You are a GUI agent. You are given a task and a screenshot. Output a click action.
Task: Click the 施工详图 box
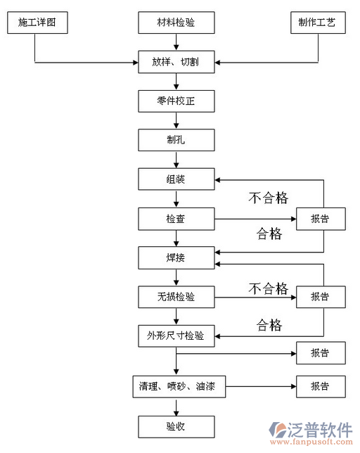(37, 23)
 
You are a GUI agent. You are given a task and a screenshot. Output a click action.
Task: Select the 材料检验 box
(176, 23)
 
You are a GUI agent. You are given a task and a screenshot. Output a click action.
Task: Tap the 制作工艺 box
(317, 23)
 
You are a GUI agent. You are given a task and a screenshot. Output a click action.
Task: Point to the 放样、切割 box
(176, 63)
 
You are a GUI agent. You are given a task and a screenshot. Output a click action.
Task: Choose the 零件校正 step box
(176, 101)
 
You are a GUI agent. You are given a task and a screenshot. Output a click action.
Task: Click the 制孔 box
(176, 140)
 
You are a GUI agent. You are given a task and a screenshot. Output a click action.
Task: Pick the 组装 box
(176, 179)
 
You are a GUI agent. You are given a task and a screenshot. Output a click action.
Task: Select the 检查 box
(176, 219)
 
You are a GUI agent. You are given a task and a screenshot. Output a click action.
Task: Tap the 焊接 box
(176, 258)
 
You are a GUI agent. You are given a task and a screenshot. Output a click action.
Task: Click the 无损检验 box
(176, 297)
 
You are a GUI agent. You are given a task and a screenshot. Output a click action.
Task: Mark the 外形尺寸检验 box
(176, 336)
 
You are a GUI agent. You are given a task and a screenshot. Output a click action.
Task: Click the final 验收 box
(176, 426)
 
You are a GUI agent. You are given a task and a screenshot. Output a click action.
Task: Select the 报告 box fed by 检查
(320, 219)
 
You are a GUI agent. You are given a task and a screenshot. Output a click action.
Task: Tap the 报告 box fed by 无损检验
(320, 296)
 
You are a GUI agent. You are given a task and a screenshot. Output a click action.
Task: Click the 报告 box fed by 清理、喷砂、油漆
(320, 386)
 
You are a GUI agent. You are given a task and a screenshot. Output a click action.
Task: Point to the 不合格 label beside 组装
(268, 198)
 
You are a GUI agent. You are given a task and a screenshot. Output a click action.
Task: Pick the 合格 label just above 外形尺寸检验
(269, 325)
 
